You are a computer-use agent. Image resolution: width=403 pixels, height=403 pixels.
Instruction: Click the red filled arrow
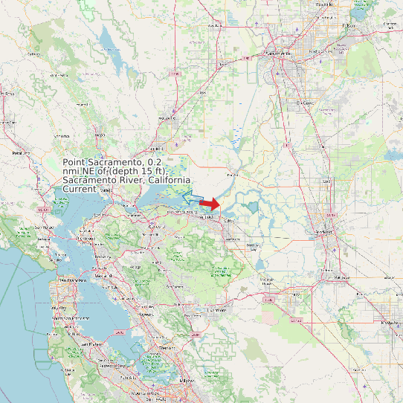(211, 204)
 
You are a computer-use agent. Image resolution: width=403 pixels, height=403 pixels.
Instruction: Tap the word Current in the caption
(79, 190)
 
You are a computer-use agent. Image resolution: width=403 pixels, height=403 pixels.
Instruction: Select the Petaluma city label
(23, 153)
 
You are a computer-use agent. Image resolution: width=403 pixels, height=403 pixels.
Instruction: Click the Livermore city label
(216, 310)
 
